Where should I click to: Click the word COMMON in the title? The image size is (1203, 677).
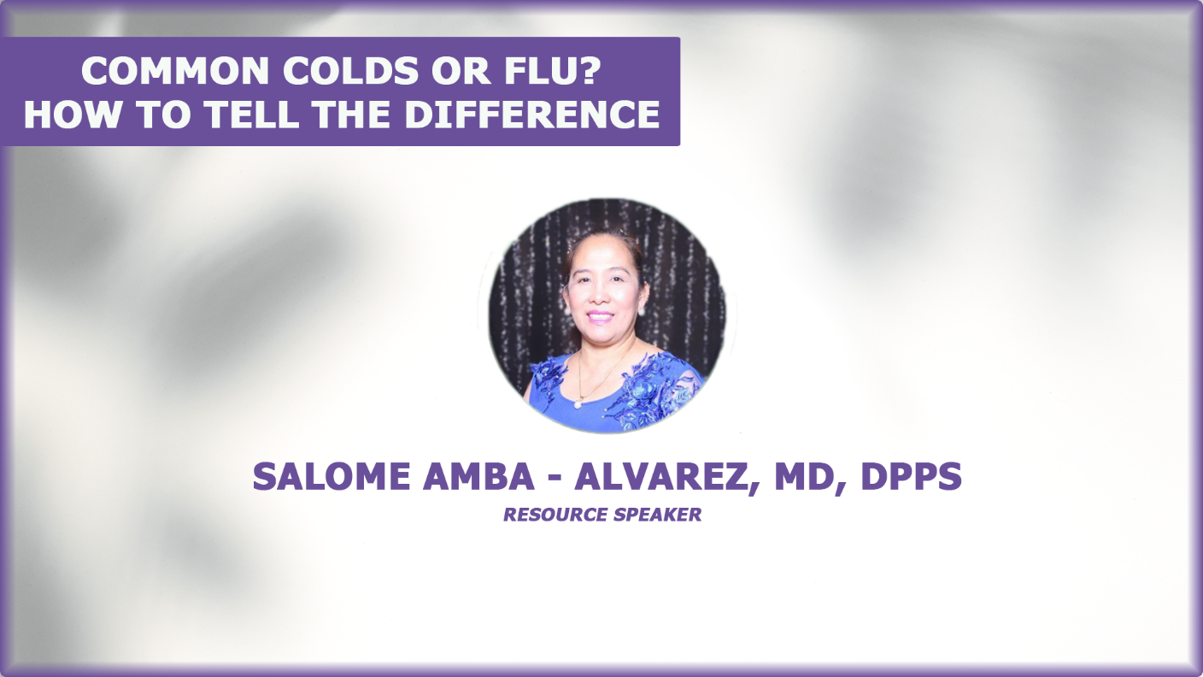pos(175,70)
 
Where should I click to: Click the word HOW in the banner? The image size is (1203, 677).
pos(73,114)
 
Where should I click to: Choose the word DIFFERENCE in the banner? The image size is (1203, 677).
pos(532,114)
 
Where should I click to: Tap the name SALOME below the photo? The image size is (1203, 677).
pos(332,476)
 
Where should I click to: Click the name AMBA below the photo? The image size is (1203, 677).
pos(478,476)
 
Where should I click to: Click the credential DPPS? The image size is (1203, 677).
pos(911,476)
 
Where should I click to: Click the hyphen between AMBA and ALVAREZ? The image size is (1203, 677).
pos(555,478)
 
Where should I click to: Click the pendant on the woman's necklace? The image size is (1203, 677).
pos(578,404)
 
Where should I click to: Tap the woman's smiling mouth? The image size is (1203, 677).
pos(600,316)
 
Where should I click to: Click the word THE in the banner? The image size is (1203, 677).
pos(352,114)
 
